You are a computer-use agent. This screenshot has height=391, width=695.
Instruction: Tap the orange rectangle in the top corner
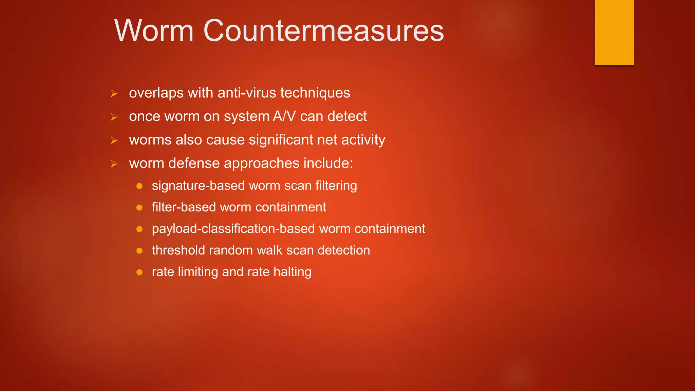[x=614, y=32]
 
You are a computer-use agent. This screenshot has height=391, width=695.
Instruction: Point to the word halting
[x=292, y=272]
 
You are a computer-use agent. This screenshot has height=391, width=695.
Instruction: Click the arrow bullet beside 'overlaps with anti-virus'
[x=114, y=93]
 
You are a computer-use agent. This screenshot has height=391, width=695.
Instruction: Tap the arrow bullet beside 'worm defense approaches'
[x=114, y=164]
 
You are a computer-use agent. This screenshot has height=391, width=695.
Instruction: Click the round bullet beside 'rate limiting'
[x=139, y=272]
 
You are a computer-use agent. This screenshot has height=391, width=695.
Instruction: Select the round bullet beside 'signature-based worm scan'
[x=139, y=186]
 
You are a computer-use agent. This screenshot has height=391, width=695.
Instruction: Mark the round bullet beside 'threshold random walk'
[x=139, y=251]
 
